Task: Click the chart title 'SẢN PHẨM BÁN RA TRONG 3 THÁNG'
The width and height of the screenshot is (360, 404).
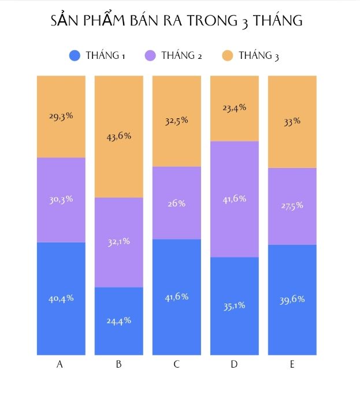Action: coord(177,21)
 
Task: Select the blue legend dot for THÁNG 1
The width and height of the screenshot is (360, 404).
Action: coord(75,55)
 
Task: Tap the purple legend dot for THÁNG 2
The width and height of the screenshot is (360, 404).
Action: coord(150,55)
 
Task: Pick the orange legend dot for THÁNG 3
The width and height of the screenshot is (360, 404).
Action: coord(228,55)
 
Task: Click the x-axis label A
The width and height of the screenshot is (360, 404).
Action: coord(60,364)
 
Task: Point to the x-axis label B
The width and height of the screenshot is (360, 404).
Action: coord(118,364)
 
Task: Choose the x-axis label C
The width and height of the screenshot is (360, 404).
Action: coord(176,364)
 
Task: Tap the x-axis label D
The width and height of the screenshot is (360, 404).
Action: coord(234,364)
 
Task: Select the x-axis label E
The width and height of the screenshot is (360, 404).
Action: coord(292,364)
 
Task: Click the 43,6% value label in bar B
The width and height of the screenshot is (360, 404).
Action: coord(119,136)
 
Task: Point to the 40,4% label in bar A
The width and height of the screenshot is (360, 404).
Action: coord(61,298)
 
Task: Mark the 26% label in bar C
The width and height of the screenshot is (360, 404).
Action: coord(177,204)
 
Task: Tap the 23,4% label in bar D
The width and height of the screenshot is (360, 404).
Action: coord(235,108)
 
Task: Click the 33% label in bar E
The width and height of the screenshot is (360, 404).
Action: coord(292,121)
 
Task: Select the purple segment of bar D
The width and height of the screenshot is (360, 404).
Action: coord(235,199)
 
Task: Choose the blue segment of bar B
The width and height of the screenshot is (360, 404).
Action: coord(119,321)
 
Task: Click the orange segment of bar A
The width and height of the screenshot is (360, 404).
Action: coord(61,117)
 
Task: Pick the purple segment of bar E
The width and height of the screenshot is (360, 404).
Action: coord(292,206)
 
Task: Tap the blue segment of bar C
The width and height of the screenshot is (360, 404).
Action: coord(177,297)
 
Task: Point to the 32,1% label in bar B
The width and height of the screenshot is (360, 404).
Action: coord(119,242)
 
